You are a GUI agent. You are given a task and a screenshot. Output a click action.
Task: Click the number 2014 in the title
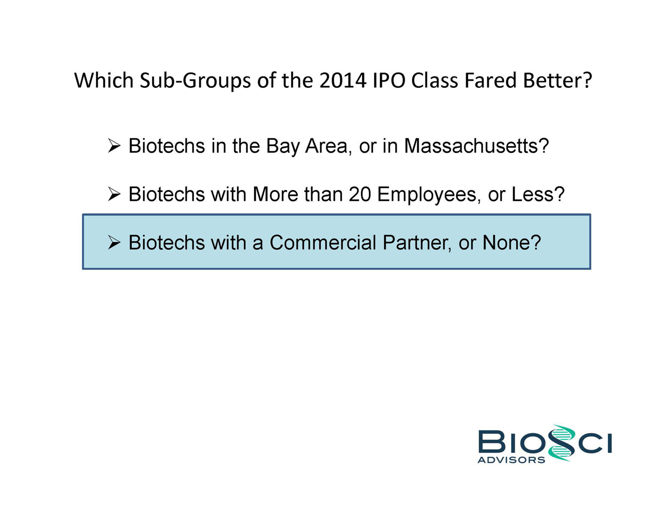point(343,80)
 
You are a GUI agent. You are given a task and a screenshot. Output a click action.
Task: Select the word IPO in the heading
point(389,80)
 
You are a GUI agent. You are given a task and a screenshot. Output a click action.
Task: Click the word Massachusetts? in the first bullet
point(476,146)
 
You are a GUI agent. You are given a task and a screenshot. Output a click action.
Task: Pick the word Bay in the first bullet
point(282,147)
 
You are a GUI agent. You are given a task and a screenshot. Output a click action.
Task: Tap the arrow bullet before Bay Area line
point(114,146)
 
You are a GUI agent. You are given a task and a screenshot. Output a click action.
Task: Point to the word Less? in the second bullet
point(538,194)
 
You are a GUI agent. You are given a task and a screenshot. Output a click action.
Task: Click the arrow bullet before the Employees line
point(114,194)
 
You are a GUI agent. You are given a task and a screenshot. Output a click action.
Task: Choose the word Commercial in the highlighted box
point(323,242)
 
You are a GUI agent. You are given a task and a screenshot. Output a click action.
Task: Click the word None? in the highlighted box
point(512,242)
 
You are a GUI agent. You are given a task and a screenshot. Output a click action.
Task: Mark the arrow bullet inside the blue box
point(114,242)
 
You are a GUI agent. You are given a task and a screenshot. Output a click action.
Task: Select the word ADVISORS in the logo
point(511,460)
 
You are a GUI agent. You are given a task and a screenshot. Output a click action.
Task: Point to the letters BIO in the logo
point(513,442)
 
